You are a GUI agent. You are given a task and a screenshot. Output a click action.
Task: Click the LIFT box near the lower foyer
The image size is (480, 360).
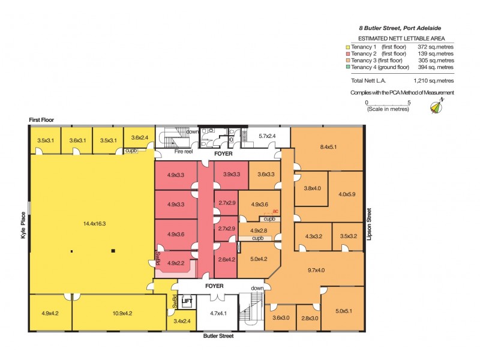click(x=187, y=301)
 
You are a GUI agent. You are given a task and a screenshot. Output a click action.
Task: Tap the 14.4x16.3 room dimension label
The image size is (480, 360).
click(x=94, y=224)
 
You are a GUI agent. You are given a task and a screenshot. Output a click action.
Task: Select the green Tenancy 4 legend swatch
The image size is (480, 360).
click(x=348, y=67)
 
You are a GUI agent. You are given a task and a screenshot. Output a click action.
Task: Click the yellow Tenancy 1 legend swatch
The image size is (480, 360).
click(x=348, y=47)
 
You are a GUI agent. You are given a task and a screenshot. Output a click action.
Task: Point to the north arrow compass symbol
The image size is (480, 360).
click(x=437, y=106)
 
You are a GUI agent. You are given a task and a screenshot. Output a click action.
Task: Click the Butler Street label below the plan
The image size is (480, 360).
click(x=218, y=336)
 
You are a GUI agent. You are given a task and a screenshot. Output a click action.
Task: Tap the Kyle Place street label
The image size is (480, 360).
click(x=23, y=226)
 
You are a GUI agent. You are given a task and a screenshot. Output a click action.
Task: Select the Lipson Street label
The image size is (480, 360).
click(x=369, y=224)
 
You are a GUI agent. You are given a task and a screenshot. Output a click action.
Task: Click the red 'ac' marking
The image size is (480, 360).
click(x=275, y=211)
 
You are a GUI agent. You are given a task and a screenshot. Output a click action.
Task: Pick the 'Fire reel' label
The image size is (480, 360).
click(x=184, y=152)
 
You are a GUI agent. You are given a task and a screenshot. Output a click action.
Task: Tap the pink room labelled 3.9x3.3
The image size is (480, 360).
click(x=231, y=174)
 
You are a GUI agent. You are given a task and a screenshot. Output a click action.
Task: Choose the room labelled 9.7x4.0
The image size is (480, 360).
click(x=316, y=271)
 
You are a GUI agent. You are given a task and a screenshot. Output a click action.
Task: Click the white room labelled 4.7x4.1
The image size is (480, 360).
click(x=218, y=313)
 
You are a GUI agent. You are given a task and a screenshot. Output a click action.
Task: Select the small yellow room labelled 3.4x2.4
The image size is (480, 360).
click(x=182, y=320)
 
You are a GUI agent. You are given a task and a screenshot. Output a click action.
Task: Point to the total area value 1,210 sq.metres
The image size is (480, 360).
click(x=433, y=81)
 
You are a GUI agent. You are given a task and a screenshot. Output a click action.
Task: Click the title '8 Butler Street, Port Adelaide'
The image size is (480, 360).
click(x=400, y=28)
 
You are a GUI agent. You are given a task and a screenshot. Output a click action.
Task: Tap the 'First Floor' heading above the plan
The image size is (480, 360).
click(x=41, y=120)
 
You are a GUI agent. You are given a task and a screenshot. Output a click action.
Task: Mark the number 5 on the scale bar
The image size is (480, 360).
click(x=409, y=103)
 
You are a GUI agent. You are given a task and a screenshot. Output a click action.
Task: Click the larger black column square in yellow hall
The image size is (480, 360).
click(x=113, y=251)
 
